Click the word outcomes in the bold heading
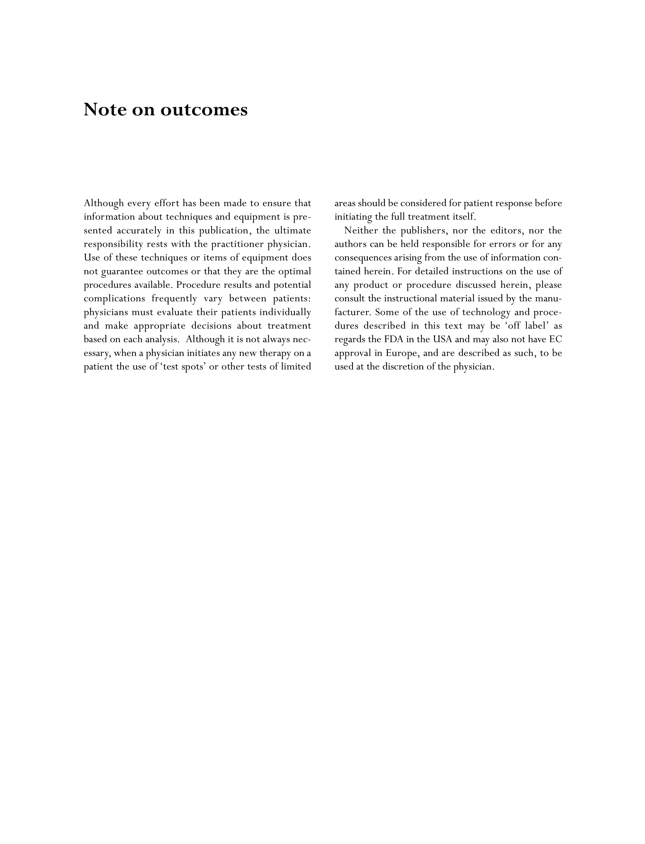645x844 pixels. coord(204,110)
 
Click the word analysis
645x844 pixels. coord(163,339)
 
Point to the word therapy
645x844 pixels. coord(273,353)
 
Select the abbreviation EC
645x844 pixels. coord(556,339)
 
